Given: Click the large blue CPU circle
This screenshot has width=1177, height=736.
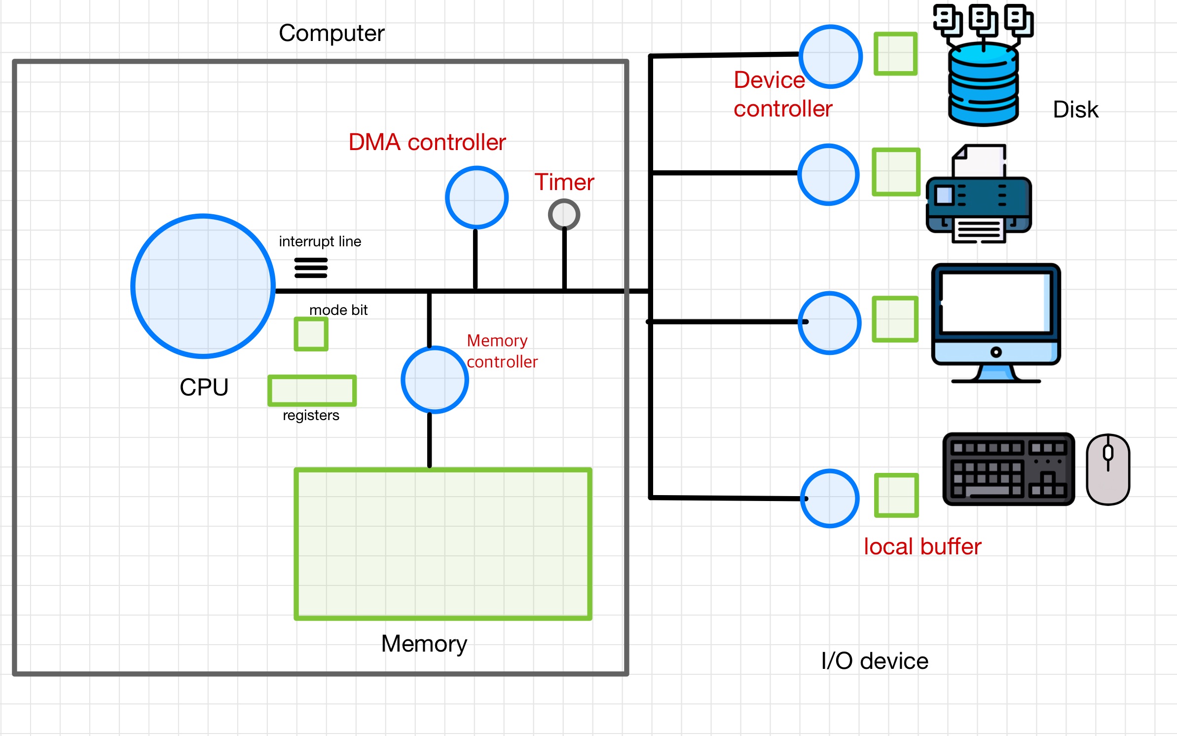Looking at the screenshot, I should (x=203, y=286).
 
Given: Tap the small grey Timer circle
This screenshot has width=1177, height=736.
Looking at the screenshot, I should (x=564, y=215).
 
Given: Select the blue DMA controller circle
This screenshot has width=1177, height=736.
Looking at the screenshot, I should (x=477, y=197).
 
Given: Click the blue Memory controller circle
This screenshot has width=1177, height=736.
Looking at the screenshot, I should (x=435, y=380).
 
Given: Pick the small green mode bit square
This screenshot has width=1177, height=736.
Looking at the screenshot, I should (x=311, y=334).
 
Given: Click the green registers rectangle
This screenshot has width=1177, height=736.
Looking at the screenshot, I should (x=312, y=390).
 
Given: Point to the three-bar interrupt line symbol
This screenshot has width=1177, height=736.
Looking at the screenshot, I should (x=311, y=268).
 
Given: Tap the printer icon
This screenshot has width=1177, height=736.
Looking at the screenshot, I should (x=979, y=197).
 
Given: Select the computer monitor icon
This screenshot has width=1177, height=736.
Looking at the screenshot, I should (x=995, y=321).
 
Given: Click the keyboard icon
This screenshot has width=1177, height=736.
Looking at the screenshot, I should (x=1008, y=469).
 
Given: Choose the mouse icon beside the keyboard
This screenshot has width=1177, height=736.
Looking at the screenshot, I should (x=1108, y=469).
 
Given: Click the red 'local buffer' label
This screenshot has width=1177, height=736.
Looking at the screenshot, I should (x=922, y=547).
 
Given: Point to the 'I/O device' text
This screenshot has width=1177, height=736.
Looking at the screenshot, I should (x=875, y=661).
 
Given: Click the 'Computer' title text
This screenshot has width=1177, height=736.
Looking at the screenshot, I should (x=331, y=34).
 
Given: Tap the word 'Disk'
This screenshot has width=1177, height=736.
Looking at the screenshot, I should (x=1075, y=110).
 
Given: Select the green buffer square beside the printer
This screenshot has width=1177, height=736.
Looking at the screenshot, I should (x=896, y=172).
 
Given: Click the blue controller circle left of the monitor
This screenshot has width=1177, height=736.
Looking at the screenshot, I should (x=830, y=323).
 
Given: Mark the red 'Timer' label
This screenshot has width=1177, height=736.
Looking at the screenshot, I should (x=564, y=182).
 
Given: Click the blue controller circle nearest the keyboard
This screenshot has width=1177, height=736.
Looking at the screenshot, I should (x=830, y=498).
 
